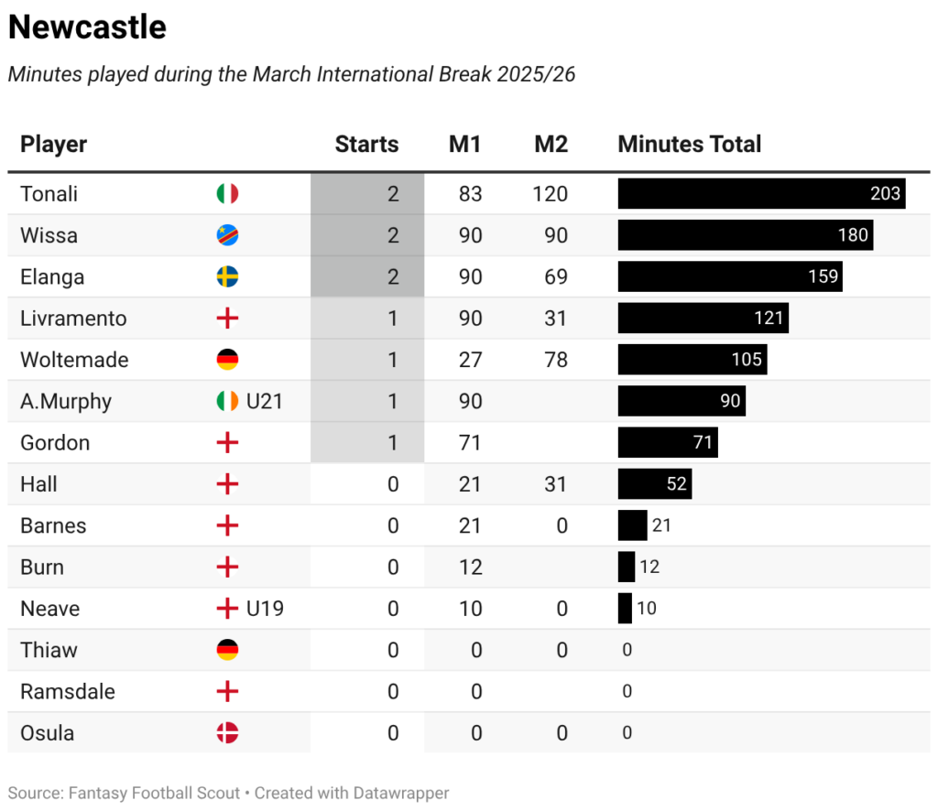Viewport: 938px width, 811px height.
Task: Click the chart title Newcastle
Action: click(x=87, y=27)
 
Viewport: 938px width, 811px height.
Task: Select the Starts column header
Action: click(x=366, y=144)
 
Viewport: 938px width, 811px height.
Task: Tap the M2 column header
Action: click(x=551, y=144)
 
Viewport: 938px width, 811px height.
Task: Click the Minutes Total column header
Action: click(x=689, y=144)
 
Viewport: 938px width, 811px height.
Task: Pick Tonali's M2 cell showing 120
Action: click(x=550, y=194)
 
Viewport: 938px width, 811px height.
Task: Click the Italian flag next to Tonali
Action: click(x=227, y=194)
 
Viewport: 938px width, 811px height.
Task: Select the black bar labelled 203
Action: click(x=760, y=194)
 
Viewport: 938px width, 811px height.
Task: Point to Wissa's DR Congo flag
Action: click(x=227, y=235)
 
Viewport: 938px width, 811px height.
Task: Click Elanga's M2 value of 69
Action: click(x=555, y=276)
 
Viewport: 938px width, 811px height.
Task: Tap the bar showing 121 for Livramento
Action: click(x=703, y=319)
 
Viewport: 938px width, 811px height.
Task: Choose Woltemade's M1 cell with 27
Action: click(x=470, y=360)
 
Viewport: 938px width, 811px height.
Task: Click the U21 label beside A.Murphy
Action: click(x=265, y=401)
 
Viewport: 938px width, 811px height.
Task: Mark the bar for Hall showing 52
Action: click(x=654, y=484)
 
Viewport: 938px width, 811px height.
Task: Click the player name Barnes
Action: click(x=53, y=525)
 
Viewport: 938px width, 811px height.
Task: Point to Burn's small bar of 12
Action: click(x=627, y=568)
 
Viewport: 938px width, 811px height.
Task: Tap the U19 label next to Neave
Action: click(x=265, y=609)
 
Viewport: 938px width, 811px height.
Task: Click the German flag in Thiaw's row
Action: click(x=227, y=650)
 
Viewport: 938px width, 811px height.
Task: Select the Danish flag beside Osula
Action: click(x=227, y=733)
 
